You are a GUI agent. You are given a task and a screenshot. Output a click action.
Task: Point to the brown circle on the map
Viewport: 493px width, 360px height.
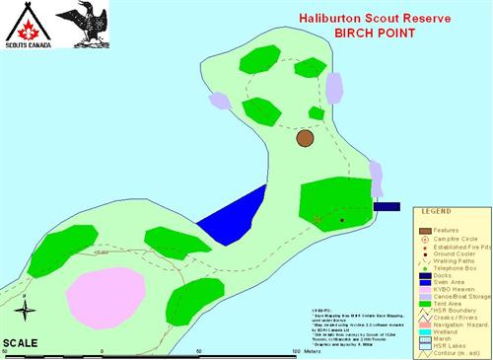[x=305, y=139]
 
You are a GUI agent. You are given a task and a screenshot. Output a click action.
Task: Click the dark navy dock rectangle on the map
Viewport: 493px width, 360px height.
[x=387, y=207]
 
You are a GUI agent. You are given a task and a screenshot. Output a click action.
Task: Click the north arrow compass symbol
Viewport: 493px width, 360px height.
[x=28, y=311]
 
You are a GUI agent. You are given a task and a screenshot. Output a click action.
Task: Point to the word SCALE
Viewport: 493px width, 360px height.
[x=21, y=342]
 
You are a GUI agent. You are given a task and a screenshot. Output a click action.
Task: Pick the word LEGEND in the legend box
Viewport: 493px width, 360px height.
[x=437, y=211]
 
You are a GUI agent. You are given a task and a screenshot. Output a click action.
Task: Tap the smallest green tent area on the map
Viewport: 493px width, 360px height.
[x=316, y=113]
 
